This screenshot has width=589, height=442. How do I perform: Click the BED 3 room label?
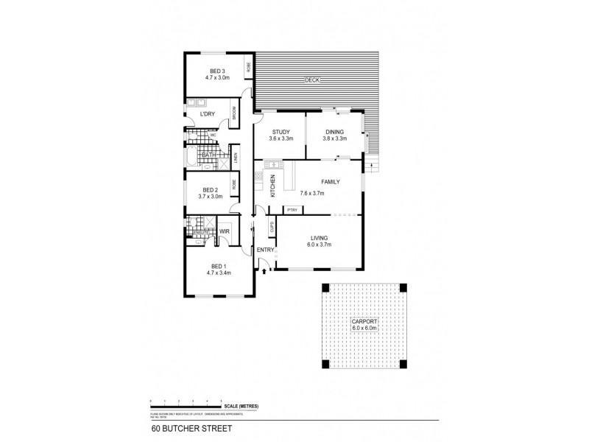pyautogui.click(x=216, y=71)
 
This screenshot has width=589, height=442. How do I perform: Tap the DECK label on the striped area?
pyautogui.click(x=313, y=80)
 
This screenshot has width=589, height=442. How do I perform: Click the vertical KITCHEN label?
pyautogui.click(x=272, y=185)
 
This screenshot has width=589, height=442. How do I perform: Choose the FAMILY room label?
pyautogui.click(x=329, y=181)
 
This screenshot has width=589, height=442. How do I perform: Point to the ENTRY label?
pyautogui.click(x=265, y=250)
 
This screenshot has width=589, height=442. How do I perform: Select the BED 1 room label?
pyautogui.click(x=219, y=266)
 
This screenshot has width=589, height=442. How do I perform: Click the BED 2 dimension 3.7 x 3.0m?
pyautogui.click(x=211, y=197)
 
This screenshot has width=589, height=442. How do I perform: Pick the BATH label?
pyautogui.click(x=208, y=155)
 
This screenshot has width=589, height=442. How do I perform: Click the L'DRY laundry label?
pyautogui.click(x=208, y=114)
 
